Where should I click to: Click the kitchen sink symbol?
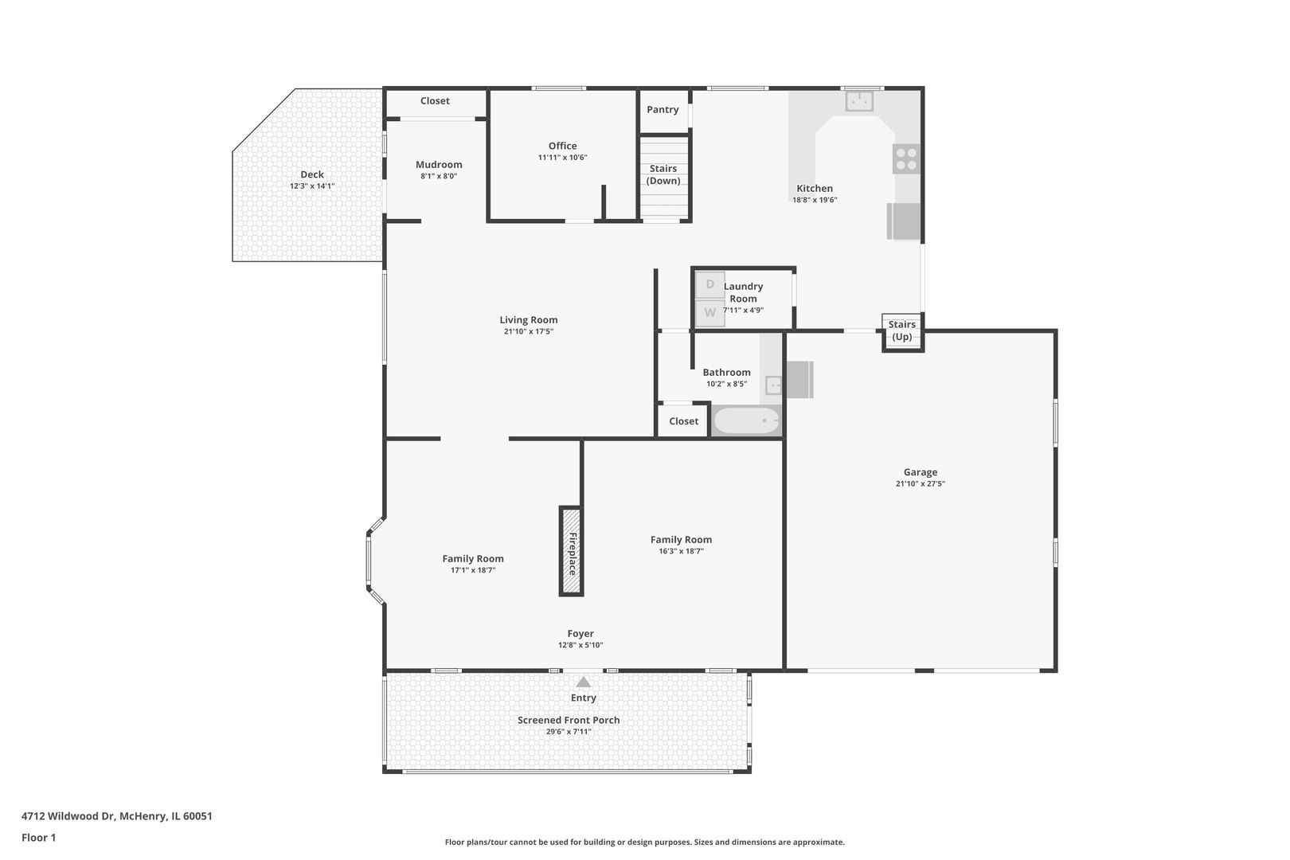[x=859, y=101]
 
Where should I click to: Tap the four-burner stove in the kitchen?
[x=906, y=159]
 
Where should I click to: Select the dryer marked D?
[x=710, y=284]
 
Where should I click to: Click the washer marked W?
[x=710, y=313]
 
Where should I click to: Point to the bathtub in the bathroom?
[x=746, y=420]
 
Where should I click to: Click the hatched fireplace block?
[x=571, y=551]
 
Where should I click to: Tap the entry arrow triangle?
[x=584, y=682]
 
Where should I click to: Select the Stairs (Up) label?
[x=902, y=330]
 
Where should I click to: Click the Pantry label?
[x=663, y=109]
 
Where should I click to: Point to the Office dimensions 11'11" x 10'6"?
[x=563, y=157]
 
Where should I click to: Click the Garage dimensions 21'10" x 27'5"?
[x=921, y=484]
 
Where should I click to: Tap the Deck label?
[x=312, y=174]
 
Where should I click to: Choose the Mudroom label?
[x=439, y=165]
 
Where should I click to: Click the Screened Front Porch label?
[x=569, y=720]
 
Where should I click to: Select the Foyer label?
[x=580, y=634]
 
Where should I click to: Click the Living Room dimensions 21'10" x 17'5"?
[x=529, y=331]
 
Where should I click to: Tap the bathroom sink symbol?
[x=773, y=385]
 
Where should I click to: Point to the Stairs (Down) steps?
[x=664, y=177]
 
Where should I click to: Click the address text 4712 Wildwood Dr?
[x=69, y=816]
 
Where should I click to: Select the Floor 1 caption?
[x=38, y=838]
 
